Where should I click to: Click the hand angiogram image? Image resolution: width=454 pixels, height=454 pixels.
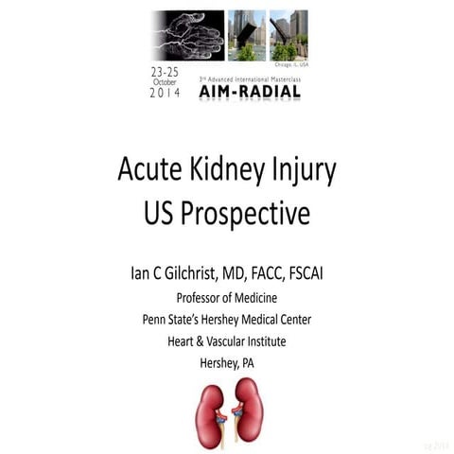click(187, 35)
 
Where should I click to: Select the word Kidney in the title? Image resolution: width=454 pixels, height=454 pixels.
click(229, 172)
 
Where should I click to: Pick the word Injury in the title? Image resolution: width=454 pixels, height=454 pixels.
click(303, 174)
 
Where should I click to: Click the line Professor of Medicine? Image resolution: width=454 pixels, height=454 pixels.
click(227, 297)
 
